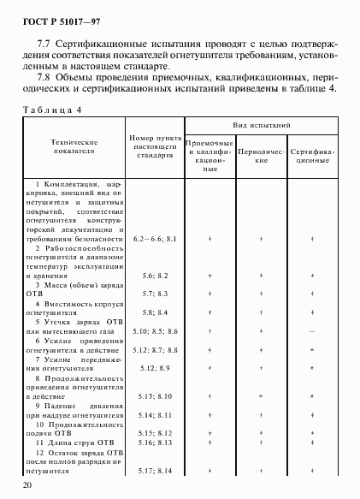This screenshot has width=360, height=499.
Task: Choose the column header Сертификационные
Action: [x=312, y=155]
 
